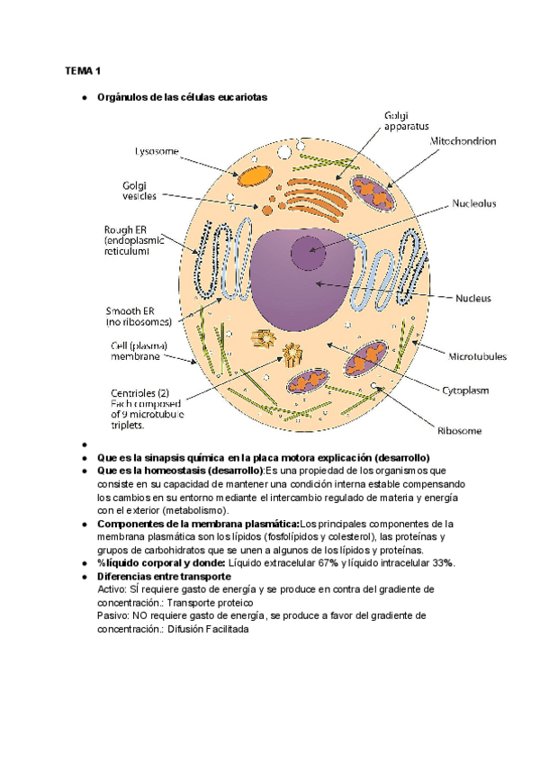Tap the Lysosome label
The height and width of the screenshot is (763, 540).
[157, 150]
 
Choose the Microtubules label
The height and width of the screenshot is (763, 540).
[477, 356]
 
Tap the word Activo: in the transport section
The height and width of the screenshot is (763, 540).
[113, 588]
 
